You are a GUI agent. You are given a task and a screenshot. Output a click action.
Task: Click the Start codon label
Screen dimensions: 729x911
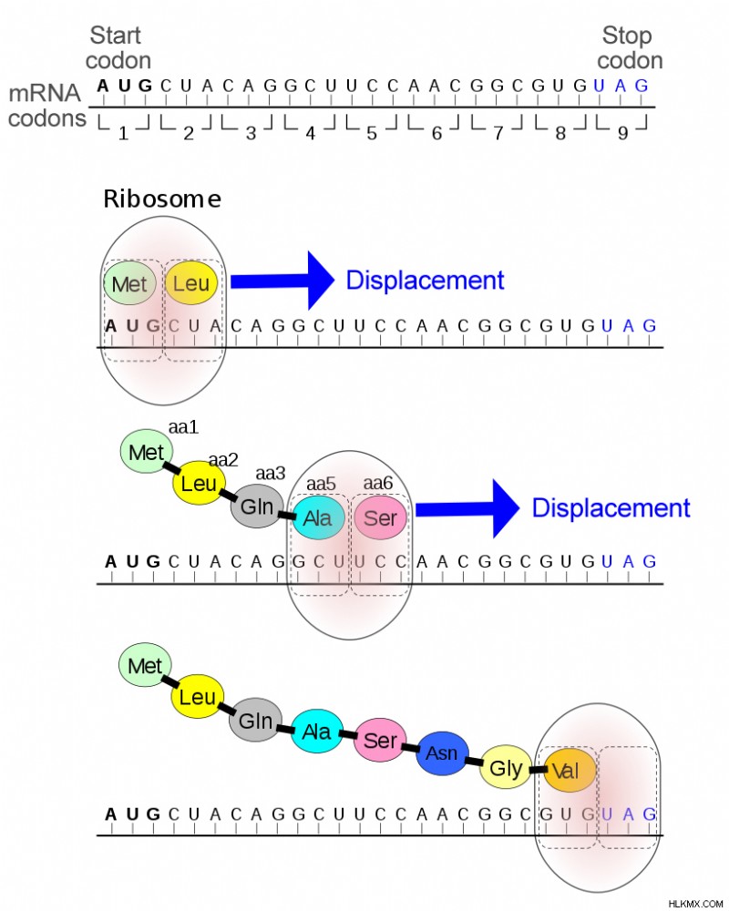[x=118, y=47]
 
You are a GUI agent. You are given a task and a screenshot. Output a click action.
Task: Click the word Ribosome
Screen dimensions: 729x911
[x=162, y=199]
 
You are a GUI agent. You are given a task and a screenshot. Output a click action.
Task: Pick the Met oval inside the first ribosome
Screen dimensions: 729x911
[x=129, y=283]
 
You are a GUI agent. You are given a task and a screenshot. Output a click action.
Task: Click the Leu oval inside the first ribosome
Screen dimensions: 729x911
[x=190, y=283]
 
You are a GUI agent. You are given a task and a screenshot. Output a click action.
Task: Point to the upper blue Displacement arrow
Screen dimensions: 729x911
[x=282, y=281]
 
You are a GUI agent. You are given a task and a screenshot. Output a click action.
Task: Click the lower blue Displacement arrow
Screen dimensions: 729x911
[x=467, y=509]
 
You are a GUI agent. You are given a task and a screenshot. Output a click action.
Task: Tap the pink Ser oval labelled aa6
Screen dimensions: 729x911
[x=380, y=517]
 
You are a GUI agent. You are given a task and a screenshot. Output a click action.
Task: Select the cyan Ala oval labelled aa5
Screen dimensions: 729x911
[x=318, y=517]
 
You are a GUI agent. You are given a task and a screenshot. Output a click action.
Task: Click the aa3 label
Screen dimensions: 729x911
[x=271, y=474]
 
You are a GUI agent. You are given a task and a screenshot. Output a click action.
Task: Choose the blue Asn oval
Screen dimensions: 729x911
[x=442, y=753]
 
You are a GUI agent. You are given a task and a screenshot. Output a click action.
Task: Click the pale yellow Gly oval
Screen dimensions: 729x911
[x=505, y=767]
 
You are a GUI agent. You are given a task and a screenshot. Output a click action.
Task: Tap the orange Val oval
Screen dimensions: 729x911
[x=570, y=771]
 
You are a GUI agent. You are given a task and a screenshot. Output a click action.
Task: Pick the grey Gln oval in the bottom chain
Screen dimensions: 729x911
[x=255, y=721]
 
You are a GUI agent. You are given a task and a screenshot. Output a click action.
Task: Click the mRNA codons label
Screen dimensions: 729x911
[x=46, y=105]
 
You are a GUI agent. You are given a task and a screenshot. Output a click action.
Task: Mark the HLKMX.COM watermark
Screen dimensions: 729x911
[x=695, y=904]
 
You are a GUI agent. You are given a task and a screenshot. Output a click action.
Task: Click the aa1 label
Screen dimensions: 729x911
[x=183, y=427]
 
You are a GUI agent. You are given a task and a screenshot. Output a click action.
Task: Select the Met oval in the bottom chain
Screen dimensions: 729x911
[x=145, y=665]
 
